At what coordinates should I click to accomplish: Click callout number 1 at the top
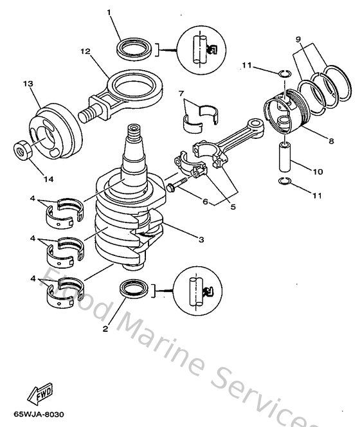coord(109,12)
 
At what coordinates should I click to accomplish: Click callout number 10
coord(318,172)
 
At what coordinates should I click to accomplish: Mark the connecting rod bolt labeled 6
coord(176,187)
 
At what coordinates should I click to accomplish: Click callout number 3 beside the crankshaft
coord(201,240)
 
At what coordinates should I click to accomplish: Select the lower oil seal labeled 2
coord(134,288)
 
